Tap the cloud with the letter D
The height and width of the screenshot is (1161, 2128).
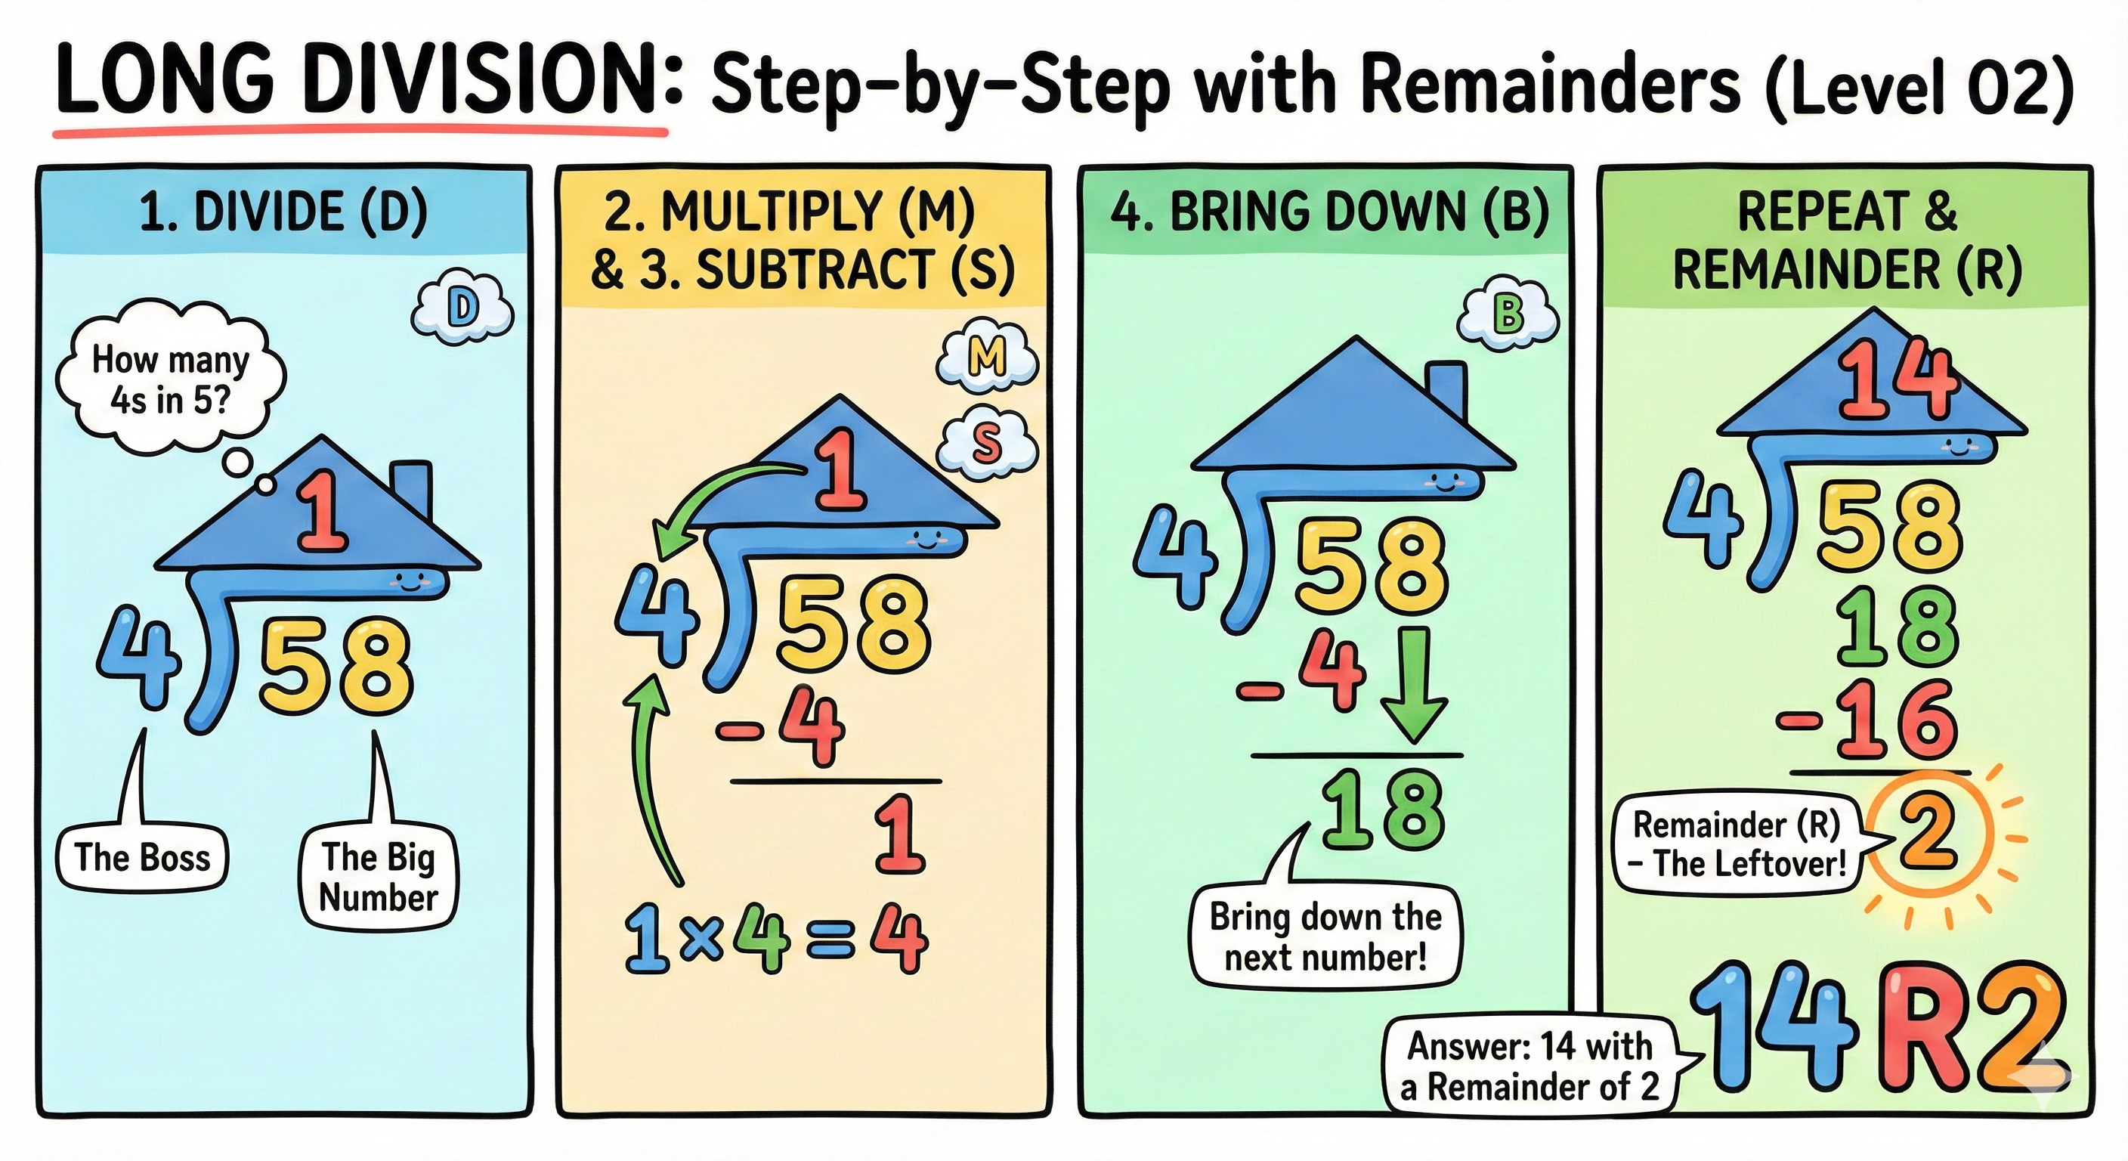point(462,310)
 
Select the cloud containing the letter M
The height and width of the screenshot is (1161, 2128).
point(987,357)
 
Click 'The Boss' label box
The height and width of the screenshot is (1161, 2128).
point(142,858)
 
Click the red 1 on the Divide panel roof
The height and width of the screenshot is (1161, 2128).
point(323,512)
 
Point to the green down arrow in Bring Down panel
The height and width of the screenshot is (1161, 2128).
point(1413,686)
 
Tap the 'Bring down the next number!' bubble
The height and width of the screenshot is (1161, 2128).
point(1325,937)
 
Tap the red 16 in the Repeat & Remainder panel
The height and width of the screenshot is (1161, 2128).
point(1895,719)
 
